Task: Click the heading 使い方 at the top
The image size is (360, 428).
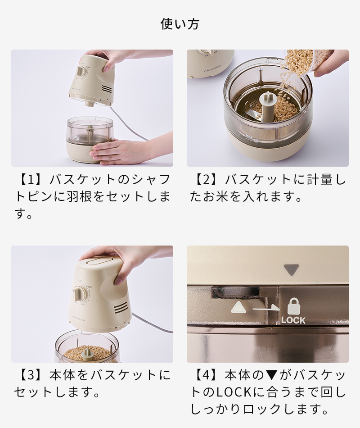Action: (180, 23)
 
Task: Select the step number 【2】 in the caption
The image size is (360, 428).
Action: (203, 180)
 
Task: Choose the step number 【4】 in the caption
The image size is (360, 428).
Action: (203, 375)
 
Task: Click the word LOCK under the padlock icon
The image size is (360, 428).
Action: (293, 320)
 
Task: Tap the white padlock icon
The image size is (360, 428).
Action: (293, 306)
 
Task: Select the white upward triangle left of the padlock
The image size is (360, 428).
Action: (237, 308)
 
